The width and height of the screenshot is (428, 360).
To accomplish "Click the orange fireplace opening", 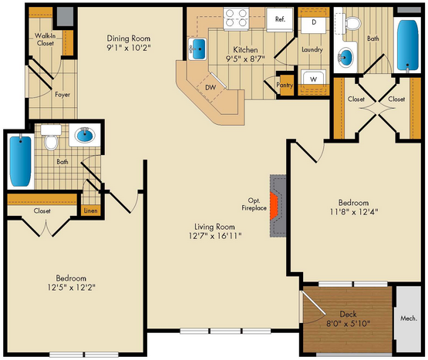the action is [274, 206].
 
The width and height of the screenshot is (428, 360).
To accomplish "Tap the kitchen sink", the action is [197, 49].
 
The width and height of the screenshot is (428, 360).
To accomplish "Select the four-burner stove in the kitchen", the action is [236, 19].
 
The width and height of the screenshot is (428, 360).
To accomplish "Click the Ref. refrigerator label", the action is [280, 19].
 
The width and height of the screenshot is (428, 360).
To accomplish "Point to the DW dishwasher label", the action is [211, 87].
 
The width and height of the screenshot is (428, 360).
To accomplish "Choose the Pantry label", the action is [285, 85].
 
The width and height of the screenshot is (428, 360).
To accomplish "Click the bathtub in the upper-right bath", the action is [407, 45].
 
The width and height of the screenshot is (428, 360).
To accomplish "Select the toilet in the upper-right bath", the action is [352, 23].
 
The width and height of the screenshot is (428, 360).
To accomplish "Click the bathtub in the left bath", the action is [20, 161].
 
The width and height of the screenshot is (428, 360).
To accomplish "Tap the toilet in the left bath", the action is [51, 138].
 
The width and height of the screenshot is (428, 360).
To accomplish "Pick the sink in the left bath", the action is [85, 135].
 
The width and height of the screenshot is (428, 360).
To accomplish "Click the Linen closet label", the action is [90, 210].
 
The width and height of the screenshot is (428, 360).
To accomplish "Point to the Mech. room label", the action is [409, 318].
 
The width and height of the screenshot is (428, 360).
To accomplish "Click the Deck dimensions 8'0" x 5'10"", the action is [348, 324].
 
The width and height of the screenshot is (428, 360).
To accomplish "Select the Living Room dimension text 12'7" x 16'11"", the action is [215, 236].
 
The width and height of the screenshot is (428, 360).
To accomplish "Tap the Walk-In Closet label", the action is [45, 39].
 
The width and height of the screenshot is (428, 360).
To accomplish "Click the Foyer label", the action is [62, 95].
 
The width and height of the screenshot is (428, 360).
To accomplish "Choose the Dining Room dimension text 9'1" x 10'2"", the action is [129, 48].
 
